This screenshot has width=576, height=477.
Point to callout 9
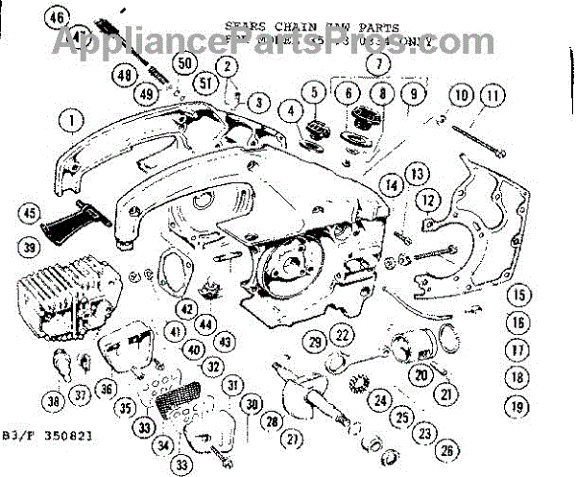pyautogui.click(x=415, y=95)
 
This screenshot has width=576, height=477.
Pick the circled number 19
pyautogui.click(x=519, y=406)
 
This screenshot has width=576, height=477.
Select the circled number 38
pyautogui.click(x=51, y=401)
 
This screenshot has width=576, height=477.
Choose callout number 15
pyautogui.click(x=519, y=297)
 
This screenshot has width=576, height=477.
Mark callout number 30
pyautogui.click(x=252, y=404)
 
